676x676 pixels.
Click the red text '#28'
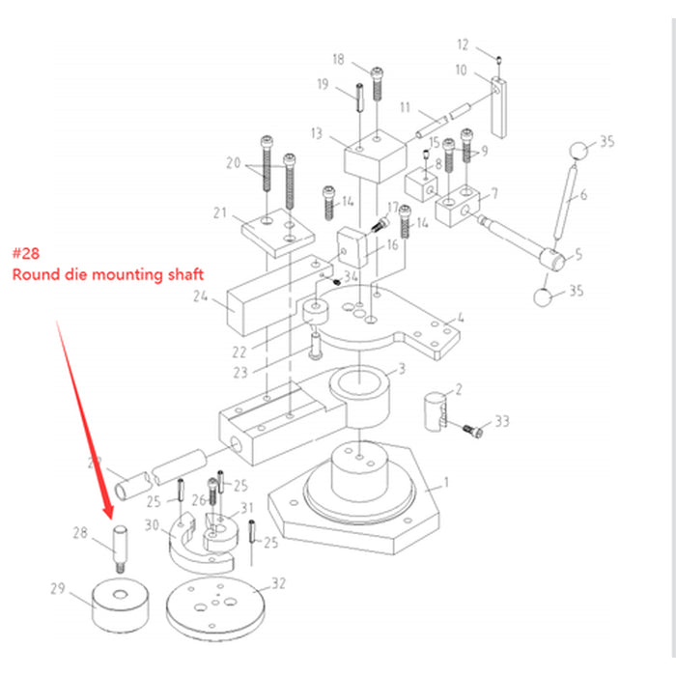click(28, 253)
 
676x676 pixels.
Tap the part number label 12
click(463, 44)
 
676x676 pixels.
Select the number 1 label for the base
click(445, 481)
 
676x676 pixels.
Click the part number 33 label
click(501, 422)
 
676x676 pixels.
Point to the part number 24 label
click(201, 298)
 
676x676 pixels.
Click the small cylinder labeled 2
click(436, 407)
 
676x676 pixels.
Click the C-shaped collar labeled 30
click(192, 546)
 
